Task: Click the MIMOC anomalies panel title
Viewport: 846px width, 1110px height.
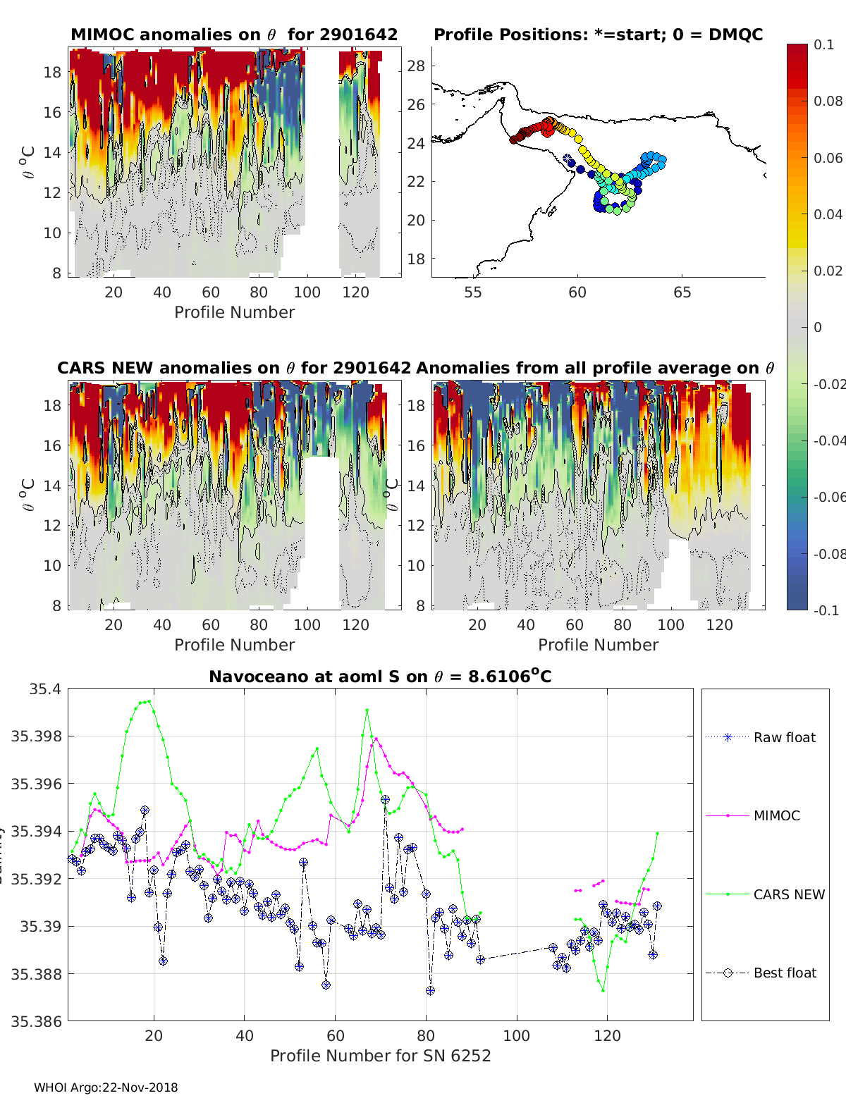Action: (x=234, y=35)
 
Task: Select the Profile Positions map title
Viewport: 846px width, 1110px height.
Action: (x=598, y=35)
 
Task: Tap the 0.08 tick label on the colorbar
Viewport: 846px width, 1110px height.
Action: (x=828, y=101)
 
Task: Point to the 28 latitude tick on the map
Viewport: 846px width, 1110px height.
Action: (x=417, y=66)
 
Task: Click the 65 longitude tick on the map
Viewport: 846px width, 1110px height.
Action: (x=682, y=292)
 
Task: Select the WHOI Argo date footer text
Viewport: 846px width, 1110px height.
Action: (x=106, y=1087)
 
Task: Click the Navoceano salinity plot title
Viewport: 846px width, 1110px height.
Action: (x=380, y=677)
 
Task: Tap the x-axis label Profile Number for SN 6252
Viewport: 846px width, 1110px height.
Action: (x=380, y=1056)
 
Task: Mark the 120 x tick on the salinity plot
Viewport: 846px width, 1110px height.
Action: (x=607, y=1036)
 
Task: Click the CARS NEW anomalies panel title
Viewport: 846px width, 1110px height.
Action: (x=233, y=368)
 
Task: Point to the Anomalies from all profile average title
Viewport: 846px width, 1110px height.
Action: (x=595, y=368)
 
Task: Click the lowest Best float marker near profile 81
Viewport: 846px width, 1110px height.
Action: (x=430, y=990)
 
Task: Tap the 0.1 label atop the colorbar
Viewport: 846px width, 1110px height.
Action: (x=823, y=44)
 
